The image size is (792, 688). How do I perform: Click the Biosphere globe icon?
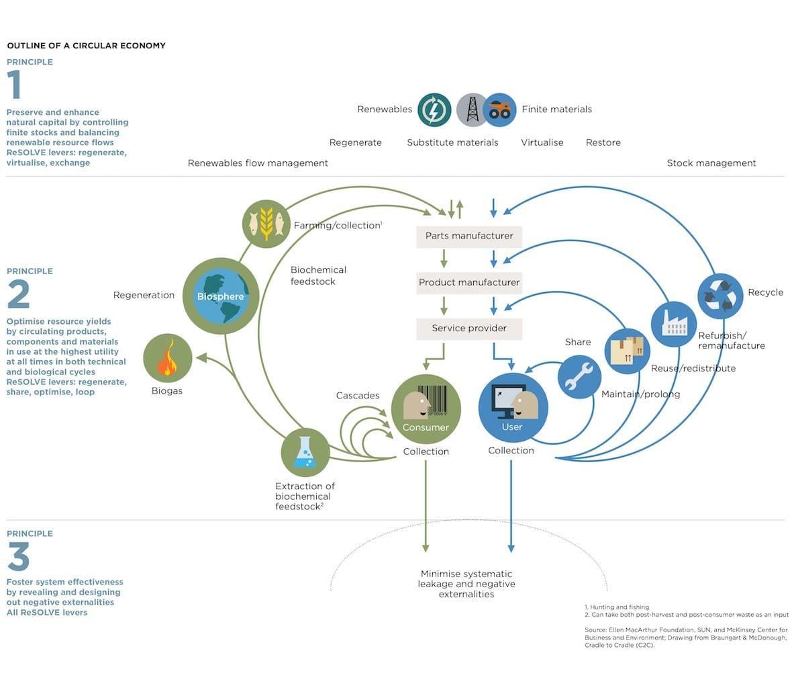(x=221, y=296)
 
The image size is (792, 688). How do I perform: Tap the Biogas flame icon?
(x=168, y=359)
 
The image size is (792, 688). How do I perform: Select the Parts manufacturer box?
(x=469, y=236)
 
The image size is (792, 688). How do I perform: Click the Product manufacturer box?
(x=469, y=282)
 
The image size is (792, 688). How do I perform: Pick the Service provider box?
(x=469, y=328)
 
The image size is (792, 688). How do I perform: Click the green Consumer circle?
(x=426, y=409)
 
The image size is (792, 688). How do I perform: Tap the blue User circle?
(x=513, y=408)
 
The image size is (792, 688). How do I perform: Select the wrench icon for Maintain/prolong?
(x=579, y=377)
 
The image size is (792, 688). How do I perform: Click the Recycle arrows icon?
(x=720, y=296)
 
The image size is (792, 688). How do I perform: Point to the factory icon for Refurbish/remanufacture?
(x=674, y=325)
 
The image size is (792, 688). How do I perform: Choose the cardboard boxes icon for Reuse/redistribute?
(x=628, y=351)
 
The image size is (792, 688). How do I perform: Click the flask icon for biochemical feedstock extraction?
(x=305, y=453)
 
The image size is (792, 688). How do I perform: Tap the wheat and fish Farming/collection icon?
(x=266, y=224)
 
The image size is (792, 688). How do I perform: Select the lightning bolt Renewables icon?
(x=434, y=110)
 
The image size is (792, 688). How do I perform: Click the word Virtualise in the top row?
(x=542, y=142)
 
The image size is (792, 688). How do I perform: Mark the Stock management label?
(x=711, y=163)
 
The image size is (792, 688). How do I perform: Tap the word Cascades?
(x=358, y=396)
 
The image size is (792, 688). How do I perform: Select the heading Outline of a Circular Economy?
(x=86, y=46)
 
